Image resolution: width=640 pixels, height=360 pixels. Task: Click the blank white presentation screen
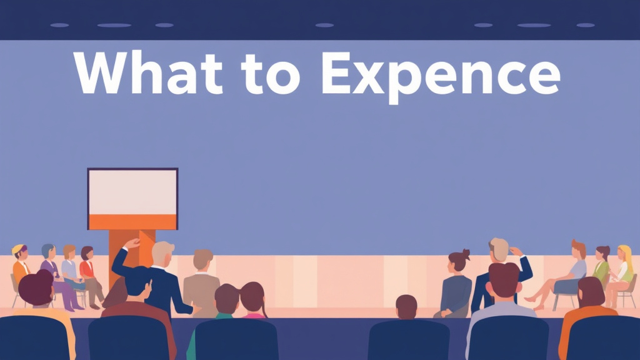coord(132,191)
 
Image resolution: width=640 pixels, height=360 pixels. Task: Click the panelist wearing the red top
coord(88,269)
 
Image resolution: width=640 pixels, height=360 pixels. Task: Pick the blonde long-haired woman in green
coord(623,269)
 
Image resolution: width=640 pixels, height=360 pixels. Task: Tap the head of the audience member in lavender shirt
coord(504,279)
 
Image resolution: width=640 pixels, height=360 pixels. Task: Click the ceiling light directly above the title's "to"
coord(324,25)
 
